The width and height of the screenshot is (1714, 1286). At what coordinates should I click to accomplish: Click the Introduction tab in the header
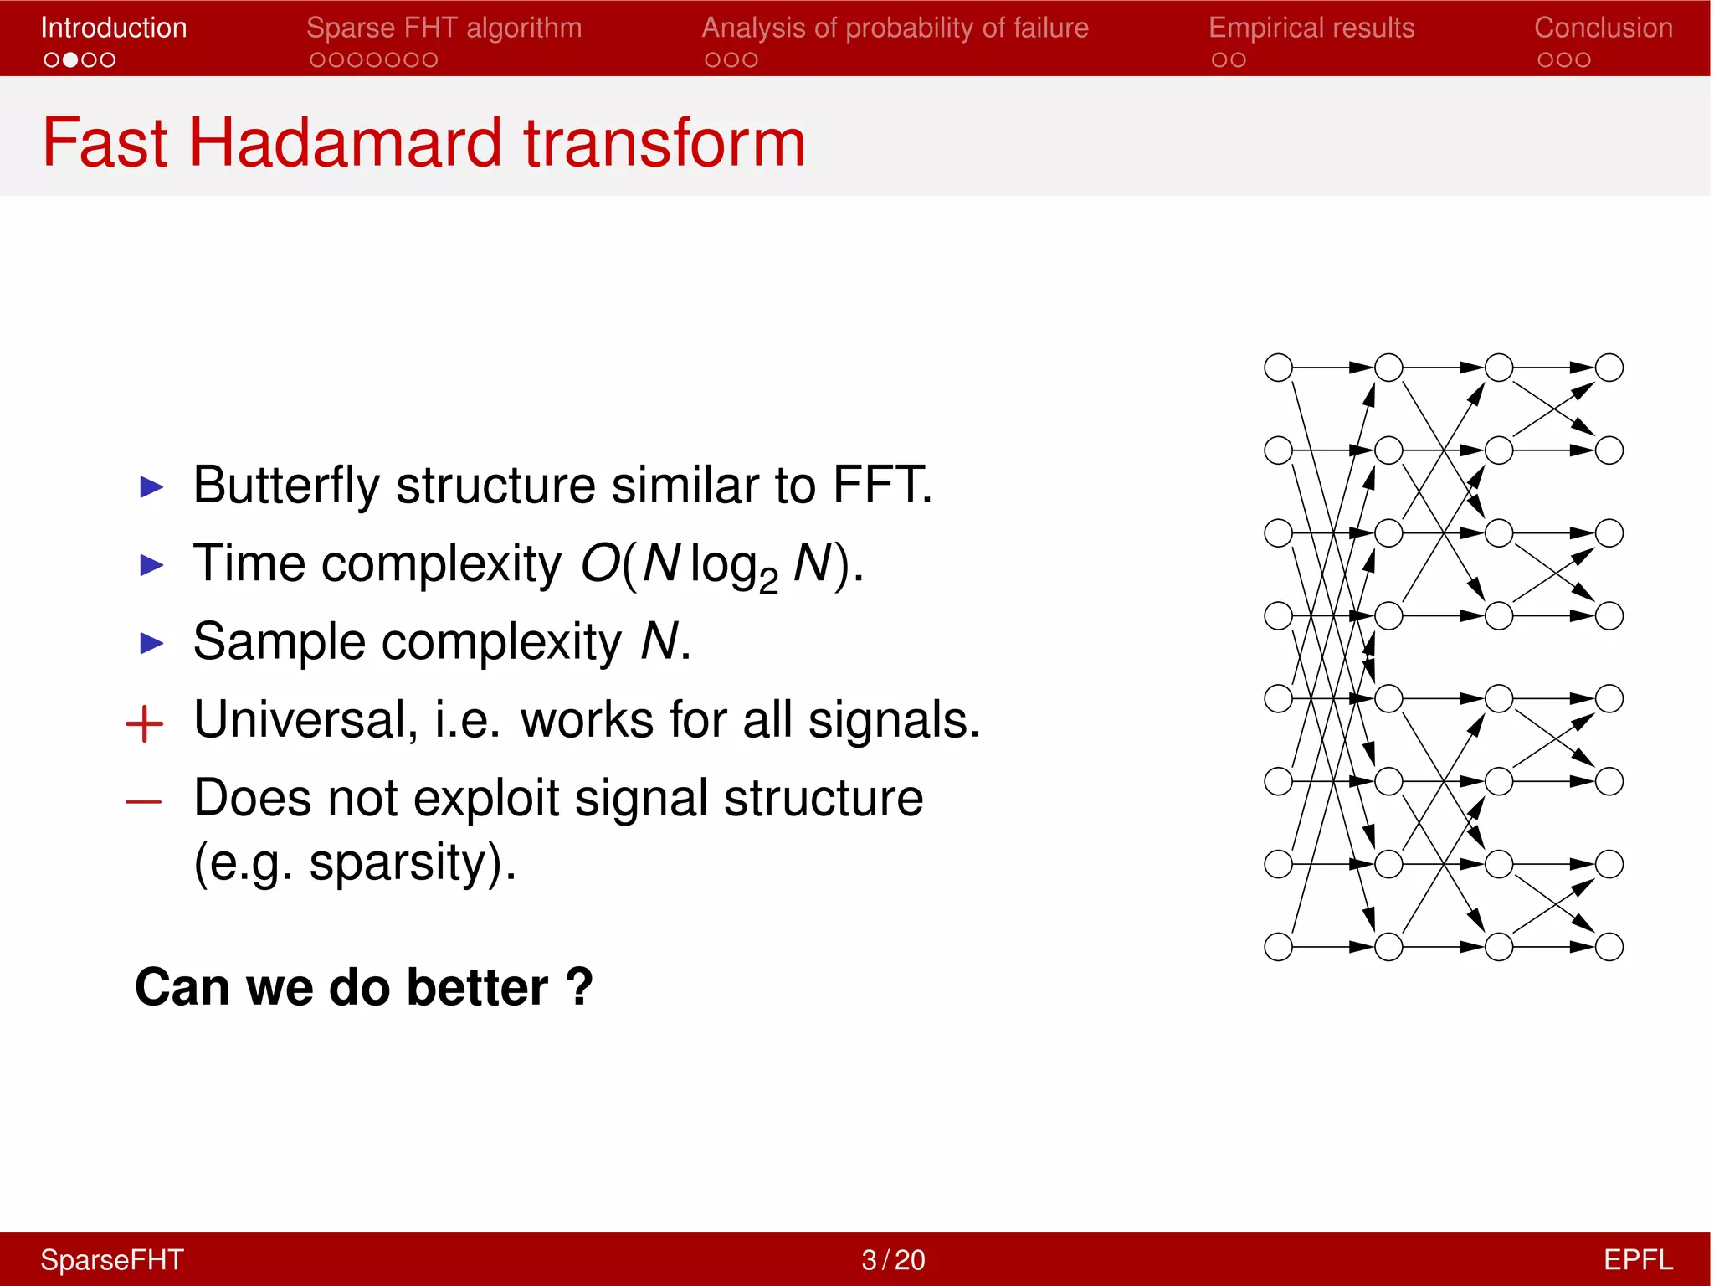pos(114,28)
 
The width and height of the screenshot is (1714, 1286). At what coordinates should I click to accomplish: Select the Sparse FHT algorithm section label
pos(444,28)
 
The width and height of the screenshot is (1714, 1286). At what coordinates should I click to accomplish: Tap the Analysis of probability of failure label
pos(895,28)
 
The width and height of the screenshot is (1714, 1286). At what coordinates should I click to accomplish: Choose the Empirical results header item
pos(1311,28)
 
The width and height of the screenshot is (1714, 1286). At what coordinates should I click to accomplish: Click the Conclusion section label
pos(1603,28)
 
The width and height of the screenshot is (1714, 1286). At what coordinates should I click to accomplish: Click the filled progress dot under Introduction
pos(70,60)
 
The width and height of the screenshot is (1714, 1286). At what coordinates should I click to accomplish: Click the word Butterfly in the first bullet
pos(285,485)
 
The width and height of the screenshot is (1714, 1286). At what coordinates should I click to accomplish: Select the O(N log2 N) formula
pos(721,564)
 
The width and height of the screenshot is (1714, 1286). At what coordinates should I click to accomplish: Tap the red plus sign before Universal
pos(144,723)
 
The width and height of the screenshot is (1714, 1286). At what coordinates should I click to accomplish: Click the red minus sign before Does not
pos(143,802)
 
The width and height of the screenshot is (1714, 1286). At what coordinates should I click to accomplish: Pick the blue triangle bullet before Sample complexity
pos(151,643)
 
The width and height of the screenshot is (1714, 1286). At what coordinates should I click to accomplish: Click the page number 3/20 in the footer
pos(893,1259)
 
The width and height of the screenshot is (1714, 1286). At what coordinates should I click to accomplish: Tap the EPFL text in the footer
pos(1637,1259)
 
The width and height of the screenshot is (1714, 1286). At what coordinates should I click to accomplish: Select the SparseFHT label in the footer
pos(112,1259)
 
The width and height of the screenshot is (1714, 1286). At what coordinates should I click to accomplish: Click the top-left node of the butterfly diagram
pos(1278,368)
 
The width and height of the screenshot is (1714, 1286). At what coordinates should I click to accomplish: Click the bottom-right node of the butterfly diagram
pos(1609,947)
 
